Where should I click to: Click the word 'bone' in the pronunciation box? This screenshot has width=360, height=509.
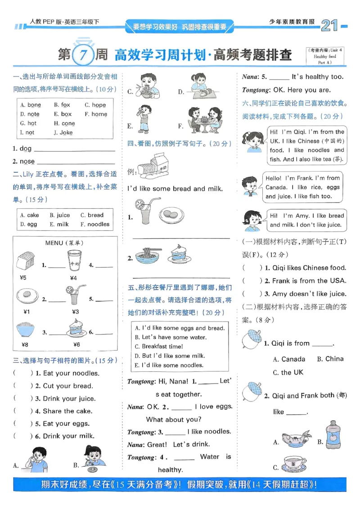(x=34, y=105)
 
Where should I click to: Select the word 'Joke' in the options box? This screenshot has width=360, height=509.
(x=66, y=133)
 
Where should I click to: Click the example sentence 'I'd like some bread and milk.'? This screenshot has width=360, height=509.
(x=175, y=189)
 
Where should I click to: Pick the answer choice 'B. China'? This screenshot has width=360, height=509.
(x=330, y=359)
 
